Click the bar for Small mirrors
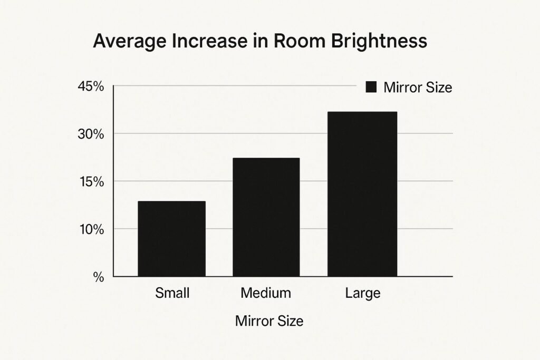tap(171, 239)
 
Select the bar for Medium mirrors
tap(266, 217)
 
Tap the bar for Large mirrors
tap(362, 194)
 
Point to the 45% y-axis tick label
tap(91, 87)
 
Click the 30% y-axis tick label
tap(91, 134)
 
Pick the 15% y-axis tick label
tap(91, 182)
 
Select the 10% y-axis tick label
tap(91, 229)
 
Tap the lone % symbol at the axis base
tap(99, 277)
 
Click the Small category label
tap(172, 293)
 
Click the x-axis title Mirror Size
tap(269, 320)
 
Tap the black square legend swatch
tap(371, 87)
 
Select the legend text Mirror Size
tap(418, 87)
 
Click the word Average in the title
tap(126, 42)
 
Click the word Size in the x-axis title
tap(291, 320)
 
